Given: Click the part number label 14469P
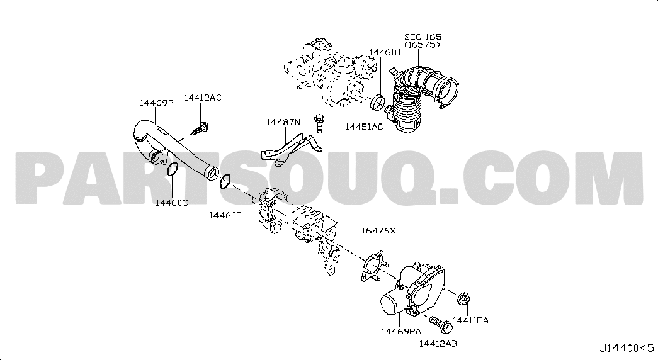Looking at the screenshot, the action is (157, 103).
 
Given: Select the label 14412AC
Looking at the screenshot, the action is (203, 98).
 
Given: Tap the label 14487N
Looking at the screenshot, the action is (284, 122).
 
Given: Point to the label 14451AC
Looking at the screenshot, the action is (364, 127).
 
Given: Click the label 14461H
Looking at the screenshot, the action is (385, 52).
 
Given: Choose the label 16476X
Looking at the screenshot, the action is (378, 231).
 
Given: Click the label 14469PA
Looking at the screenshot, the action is (400, 332).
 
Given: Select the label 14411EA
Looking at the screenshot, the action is (470, 320).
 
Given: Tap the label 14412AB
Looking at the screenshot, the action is (438, 344).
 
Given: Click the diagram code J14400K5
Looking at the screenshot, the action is (627, 348).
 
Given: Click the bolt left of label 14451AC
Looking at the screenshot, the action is (319, 122).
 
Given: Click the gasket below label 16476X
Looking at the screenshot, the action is (372, 265).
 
